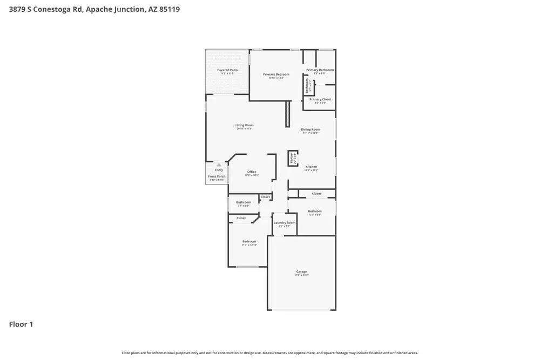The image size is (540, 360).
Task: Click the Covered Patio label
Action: (227, 70)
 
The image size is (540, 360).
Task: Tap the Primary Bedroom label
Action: (276, 74)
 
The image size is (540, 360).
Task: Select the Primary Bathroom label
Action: (320, 70)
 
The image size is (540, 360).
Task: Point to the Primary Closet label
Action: (320, 99)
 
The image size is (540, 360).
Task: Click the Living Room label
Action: (244, 125)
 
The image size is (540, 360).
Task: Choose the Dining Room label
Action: (310, 130)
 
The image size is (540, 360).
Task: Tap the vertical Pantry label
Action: (292, 158)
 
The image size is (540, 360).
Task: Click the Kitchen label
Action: (311, 167)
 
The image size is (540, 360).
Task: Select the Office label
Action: (252, 172)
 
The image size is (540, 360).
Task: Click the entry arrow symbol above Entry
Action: (219, 165)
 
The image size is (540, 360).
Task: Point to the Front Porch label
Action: (217, 176)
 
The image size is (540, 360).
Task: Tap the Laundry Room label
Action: (284, 223)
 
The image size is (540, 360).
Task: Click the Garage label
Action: (301, 271)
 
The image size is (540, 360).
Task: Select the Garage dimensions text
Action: (301, 275)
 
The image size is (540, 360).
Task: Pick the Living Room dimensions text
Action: (244, 129)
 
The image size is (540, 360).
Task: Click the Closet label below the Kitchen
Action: (316, 193)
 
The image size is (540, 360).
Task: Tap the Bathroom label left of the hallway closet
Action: (243, 202)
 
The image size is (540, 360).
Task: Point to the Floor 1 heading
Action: (21, 324)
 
